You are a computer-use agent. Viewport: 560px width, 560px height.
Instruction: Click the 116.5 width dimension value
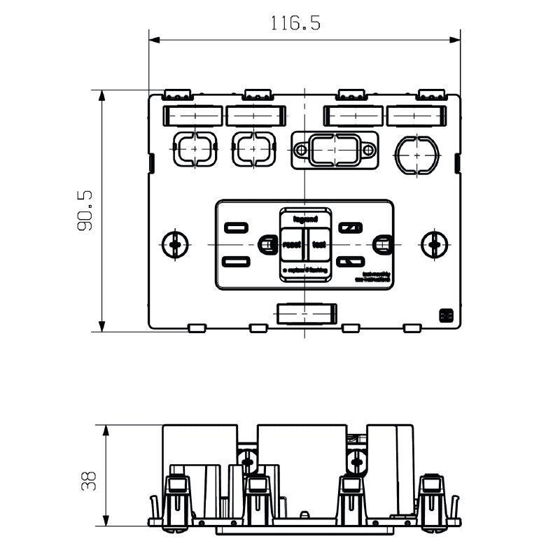click(x=295, y=24)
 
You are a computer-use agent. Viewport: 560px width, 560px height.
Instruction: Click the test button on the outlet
click(x=319, y=244)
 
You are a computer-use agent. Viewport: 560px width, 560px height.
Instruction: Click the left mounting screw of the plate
click(x=175, y=244)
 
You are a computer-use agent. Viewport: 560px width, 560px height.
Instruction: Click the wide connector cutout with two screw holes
click(x=334, y=150)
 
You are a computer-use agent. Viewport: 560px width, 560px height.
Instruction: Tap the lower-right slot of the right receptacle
click(x=347, y=262)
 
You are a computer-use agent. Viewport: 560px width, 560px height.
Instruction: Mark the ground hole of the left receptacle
click(x=266, y=244)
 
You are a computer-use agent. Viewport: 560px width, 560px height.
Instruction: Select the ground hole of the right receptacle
click(x=381, y=244)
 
